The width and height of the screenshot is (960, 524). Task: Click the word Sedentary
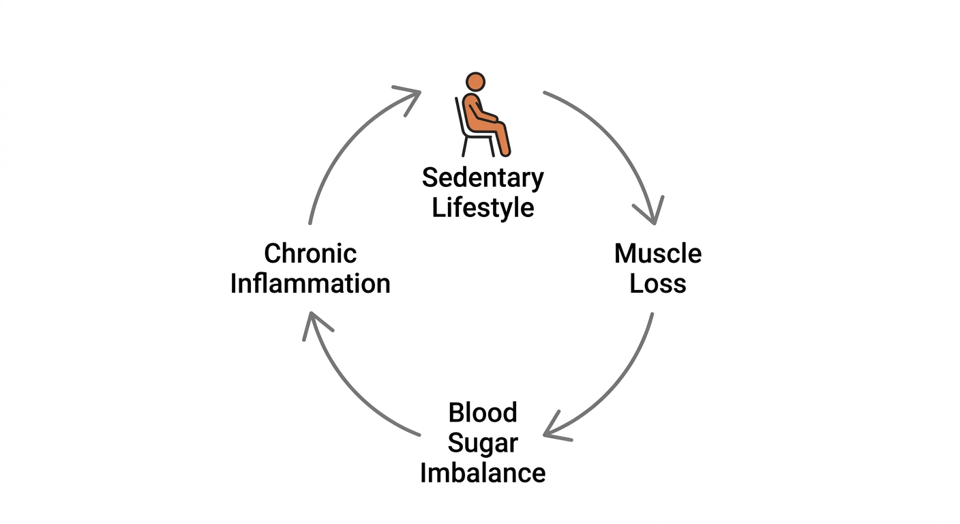(483, 178)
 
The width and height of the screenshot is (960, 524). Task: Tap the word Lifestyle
(483, 207)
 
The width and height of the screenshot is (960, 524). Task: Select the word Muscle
(658, 253)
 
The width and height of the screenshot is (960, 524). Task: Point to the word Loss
(658, 283)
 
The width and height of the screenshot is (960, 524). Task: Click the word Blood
(483, 413)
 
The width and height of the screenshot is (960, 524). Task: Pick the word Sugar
(483, 443)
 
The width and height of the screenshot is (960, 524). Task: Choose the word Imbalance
(483, 473)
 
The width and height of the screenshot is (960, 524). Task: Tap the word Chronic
(310, 253)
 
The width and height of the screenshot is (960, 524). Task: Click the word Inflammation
(310, 283)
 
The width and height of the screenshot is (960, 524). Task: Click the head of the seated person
(475, 82)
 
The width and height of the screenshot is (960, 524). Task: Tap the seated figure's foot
(506, 151)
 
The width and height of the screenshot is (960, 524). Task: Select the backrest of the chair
(460, 116)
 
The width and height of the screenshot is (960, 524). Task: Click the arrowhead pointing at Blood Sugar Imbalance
(555, 429)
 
